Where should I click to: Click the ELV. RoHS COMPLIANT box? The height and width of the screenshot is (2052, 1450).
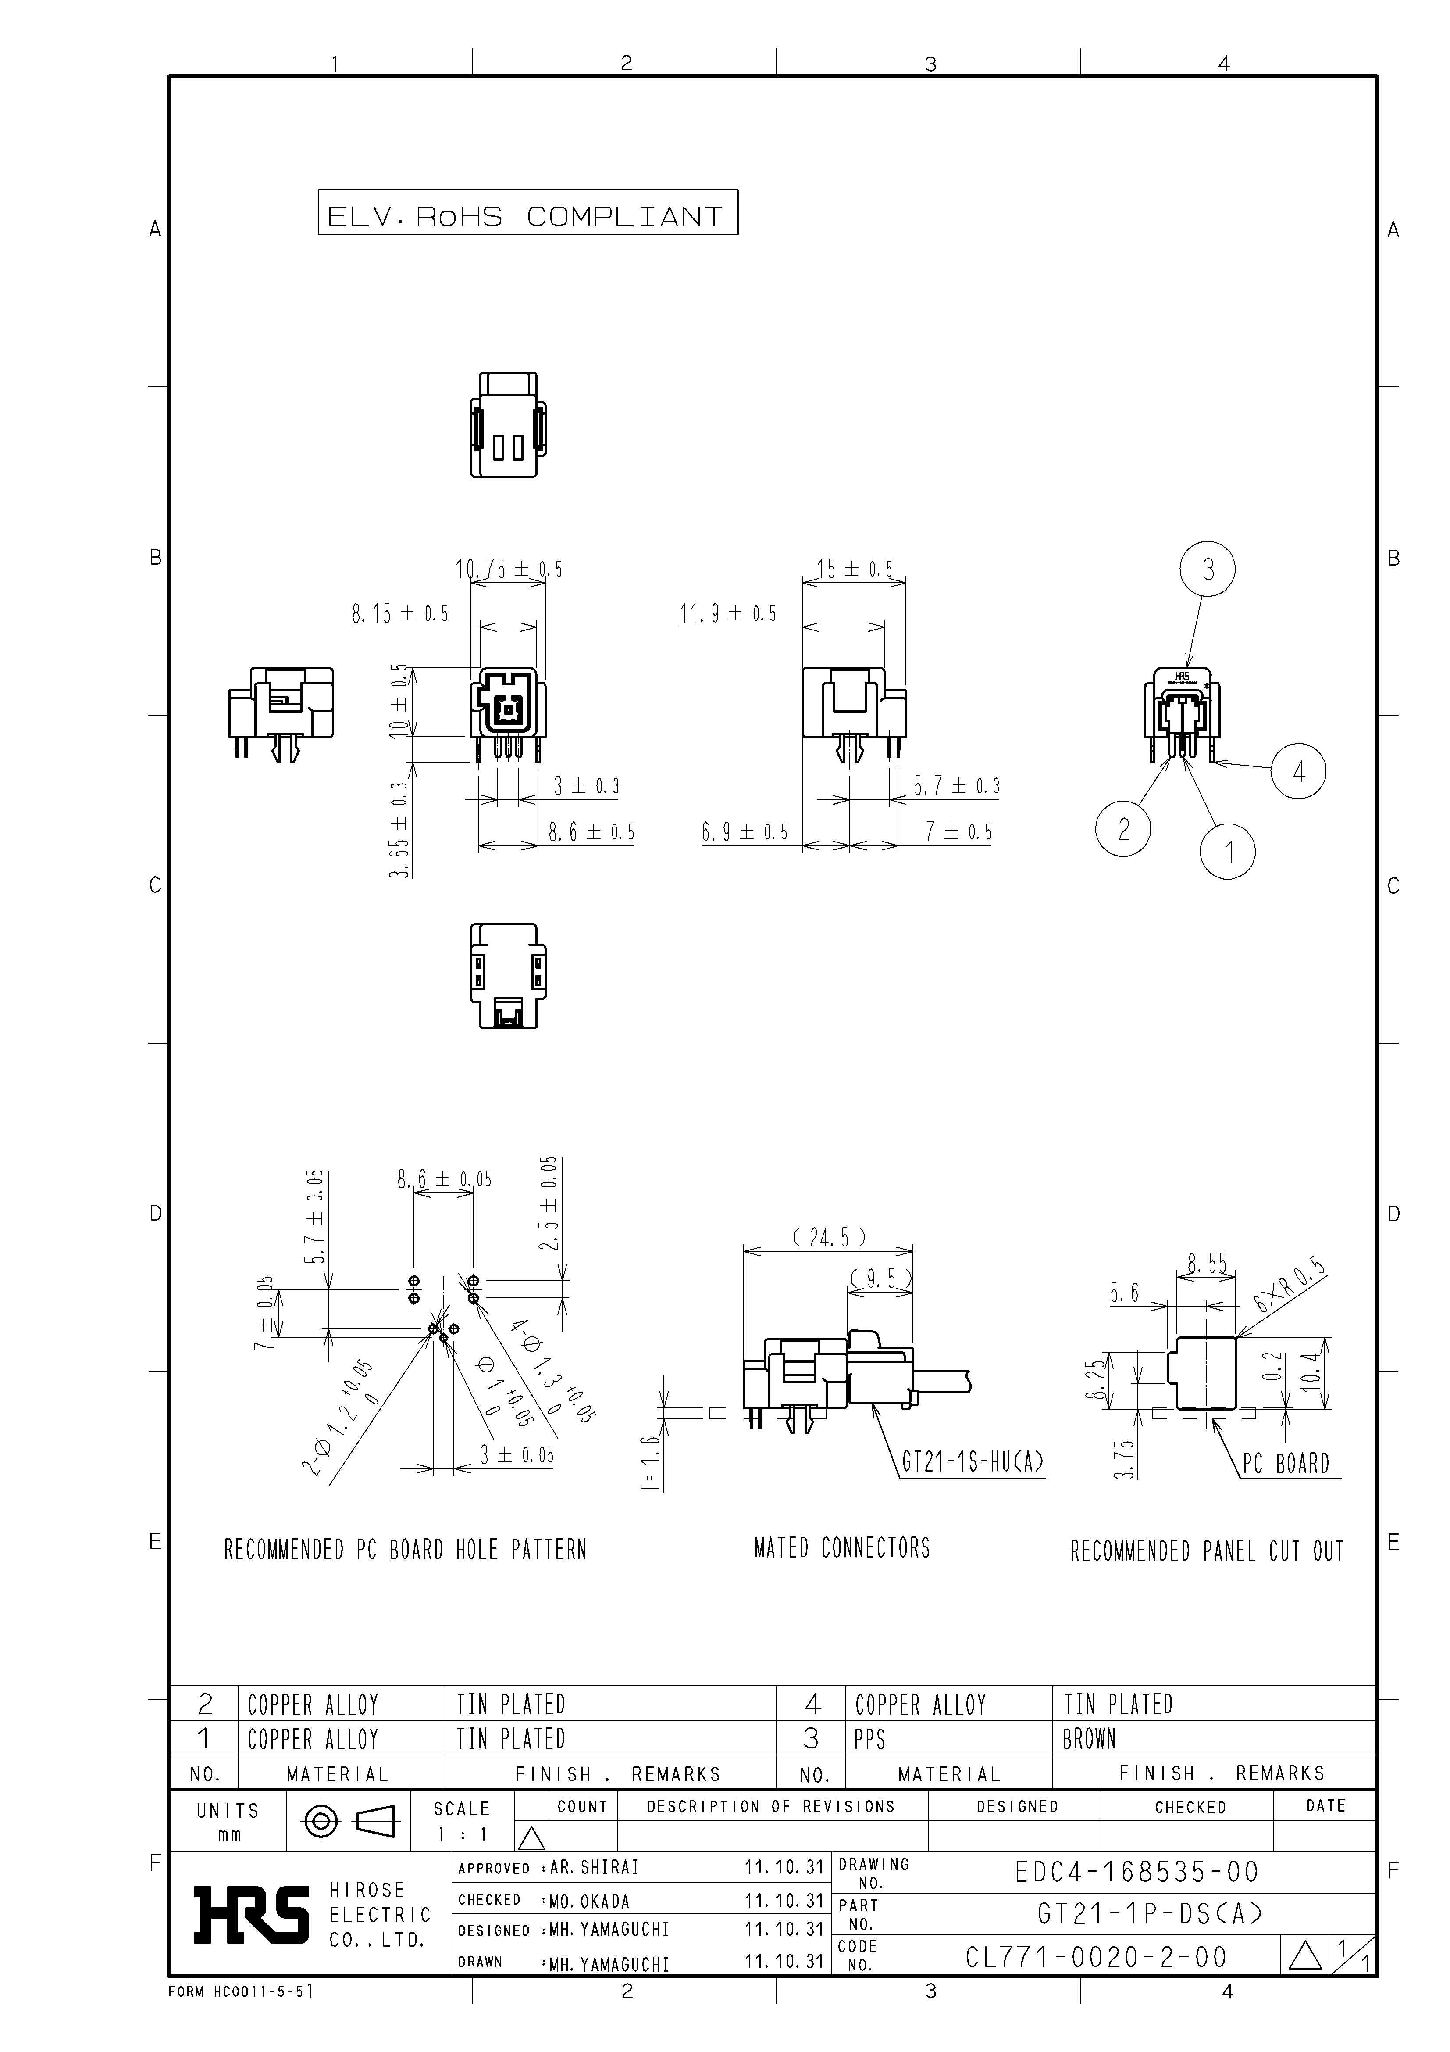528,213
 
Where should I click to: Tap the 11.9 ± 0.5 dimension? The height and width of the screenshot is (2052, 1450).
728,613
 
